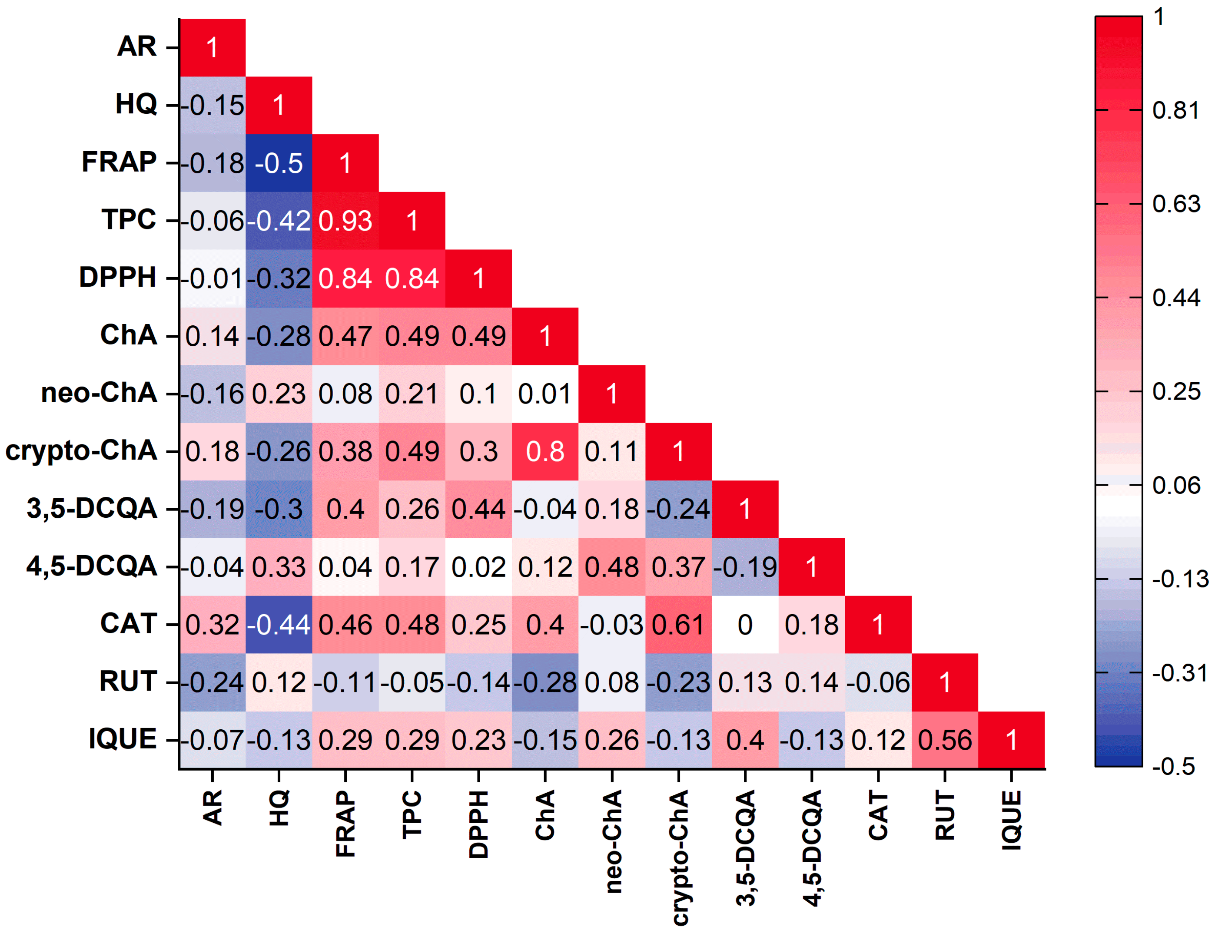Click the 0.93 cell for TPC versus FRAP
point(345,221)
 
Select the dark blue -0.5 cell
point(279,163)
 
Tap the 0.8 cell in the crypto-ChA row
point(545,451)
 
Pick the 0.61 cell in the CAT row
point(678,625)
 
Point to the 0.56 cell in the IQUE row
point(944,740)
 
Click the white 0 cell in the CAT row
point(745,625)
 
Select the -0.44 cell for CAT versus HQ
point(279,625)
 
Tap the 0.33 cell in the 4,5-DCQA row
point(279,567)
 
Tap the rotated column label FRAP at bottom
point(345,824)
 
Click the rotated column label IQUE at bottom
point(1011,820)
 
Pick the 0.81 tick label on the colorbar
point(1175,111)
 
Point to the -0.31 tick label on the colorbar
point(1179,673)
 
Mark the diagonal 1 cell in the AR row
point(212,48)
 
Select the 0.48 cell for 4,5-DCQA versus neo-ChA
point(611,567)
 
